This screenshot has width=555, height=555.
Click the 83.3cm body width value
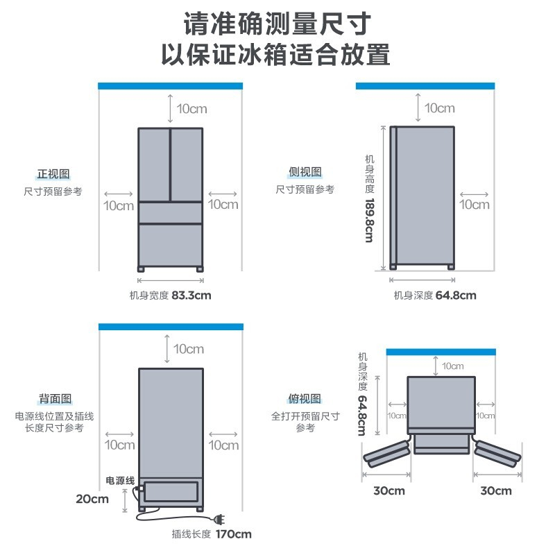pyautogui.click(x=191, y=296)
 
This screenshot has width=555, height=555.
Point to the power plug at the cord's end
pyautogui.click(x=221, y=519)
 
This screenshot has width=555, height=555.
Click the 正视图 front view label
pyautogui.click(x=53, y=173)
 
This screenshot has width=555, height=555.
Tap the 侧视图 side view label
pyautogui.click(x=305, y=172)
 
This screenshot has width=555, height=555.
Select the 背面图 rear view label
pyautogui.click(x=55, y=399)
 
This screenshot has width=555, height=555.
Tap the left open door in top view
pyautogui.click(x=386, y=452)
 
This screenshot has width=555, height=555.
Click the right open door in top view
pyautogui.click(x=497, y=452)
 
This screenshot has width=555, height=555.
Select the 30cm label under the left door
pyautogui.click(x=388, y=491)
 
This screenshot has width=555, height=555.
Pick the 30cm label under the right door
pyautogui.click(x=495, y=491)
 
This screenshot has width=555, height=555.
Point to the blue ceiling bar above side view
pyautogui.click(x=425, y=85)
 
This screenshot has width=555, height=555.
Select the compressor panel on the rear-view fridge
pyautogui.click(x=171, y=493)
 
